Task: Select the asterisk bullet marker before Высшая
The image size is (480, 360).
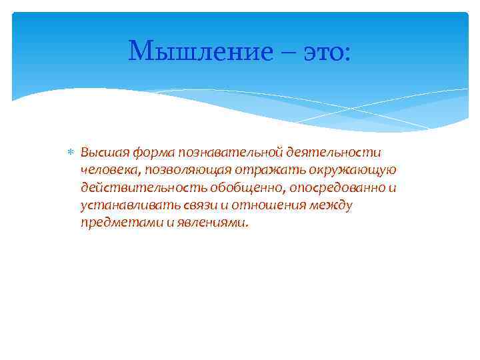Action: pyautogui.click(x=71, y=153)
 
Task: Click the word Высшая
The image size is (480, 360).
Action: pyautogui.click(x=103, y=153)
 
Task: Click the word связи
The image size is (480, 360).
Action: pyautogui.click(x=189, y=205)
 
